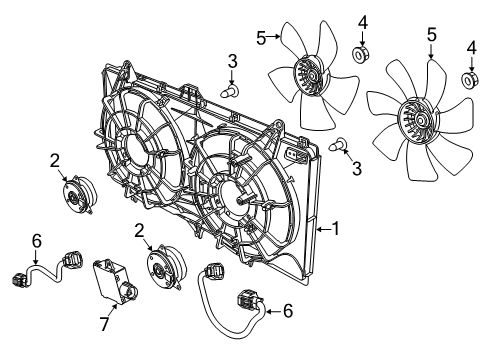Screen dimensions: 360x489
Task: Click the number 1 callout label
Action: pyautogui.click(x=336, y=229)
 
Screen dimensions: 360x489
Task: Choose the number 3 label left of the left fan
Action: pyautogui.click(x=231, y=63)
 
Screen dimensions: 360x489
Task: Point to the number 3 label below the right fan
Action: pyautogui.click(x=357, y=170)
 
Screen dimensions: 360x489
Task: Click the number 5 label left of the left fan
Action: pyautogui.click(x=261, y=38)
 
